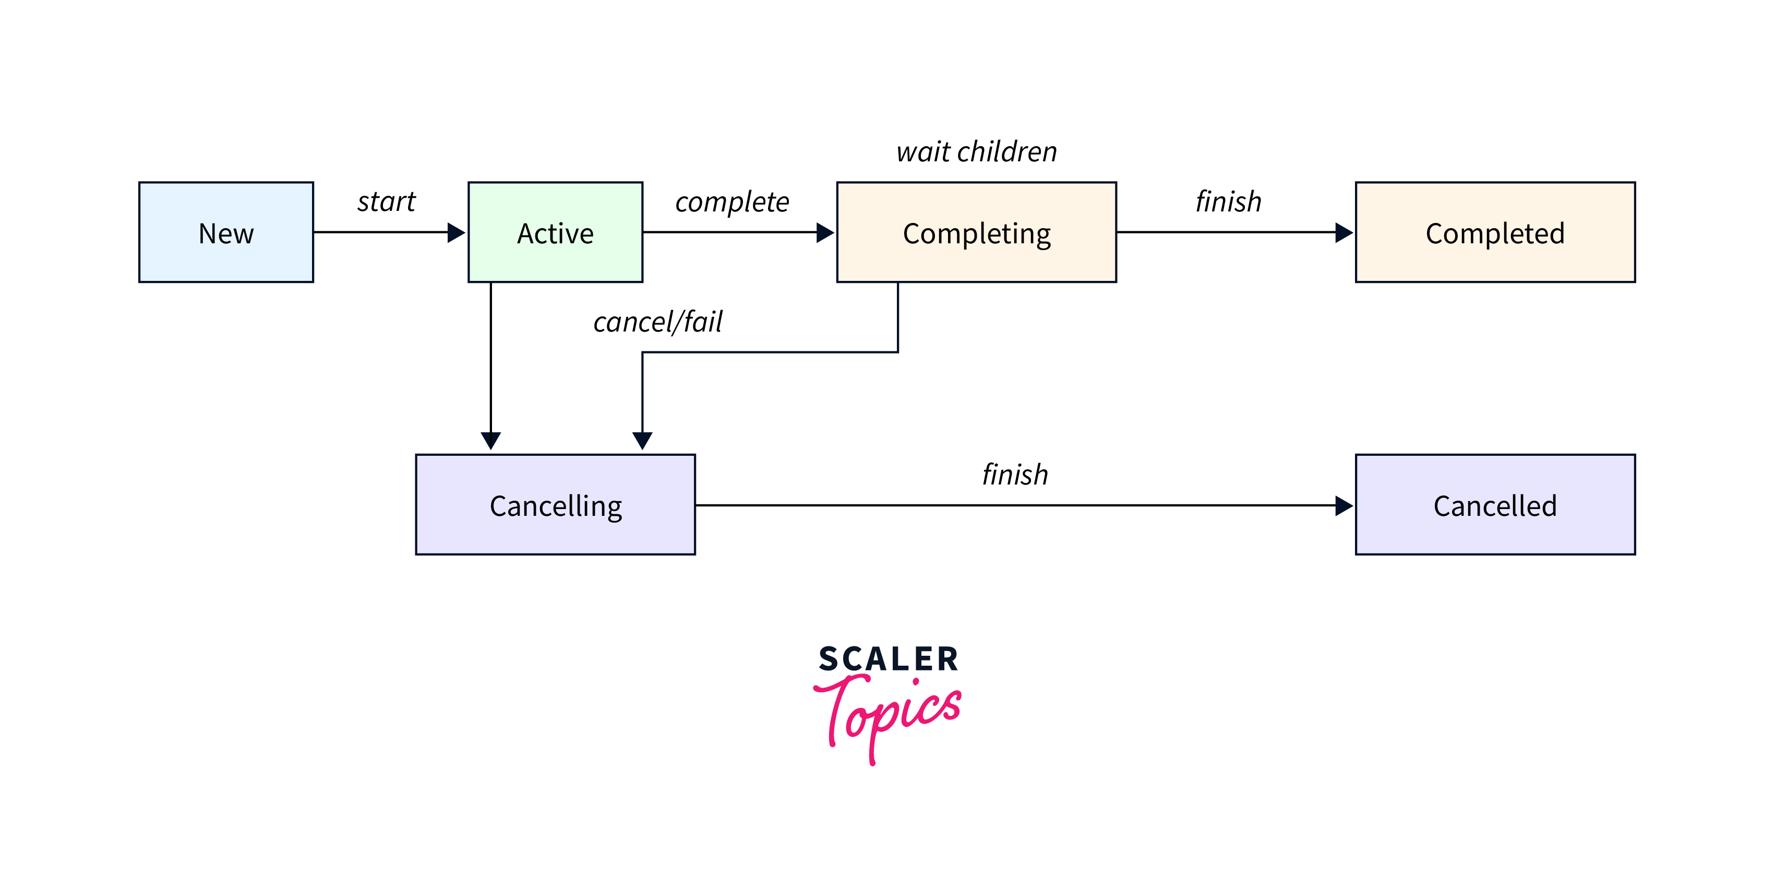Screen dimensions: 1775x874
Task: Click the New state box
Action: click(x=226, y=232)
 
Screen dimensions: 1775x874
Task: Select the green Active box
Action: click(x=555, y=232)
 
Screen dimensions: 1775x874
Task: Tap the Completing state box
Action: click(x=976, y=232)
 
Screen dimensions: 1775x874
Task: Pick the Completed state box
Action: click(x=1495, y=232)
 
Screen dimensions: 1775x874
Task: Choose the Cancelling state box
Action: click(x=555, y=504)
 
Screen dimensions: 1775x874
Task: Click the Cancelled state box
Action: click(x=1495, y=504)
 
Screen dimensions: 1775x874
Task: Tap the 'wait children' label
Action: click(x=976, y=151)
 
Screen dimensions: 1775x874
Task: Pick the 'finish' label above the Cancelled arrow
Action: click(x=1015, y=474)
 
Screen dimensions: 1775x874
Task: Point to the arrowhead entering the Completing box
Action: click(x=825, y=232)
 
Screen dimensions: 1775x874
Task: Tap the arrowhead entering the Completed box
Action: click(x=1345, y=232)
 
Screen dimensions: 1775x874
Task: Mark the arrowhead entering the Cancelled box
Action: click(x=1345, y=505)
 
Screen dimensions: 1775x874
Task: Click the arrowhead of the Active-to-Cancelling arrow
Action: click(x=490, y=441)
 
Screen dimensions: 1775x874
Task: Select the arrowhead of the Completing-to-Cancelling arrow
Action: click(x=642, y=441)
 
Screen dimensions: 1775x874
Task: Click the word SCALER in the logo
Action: click(x=888, y=659)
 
